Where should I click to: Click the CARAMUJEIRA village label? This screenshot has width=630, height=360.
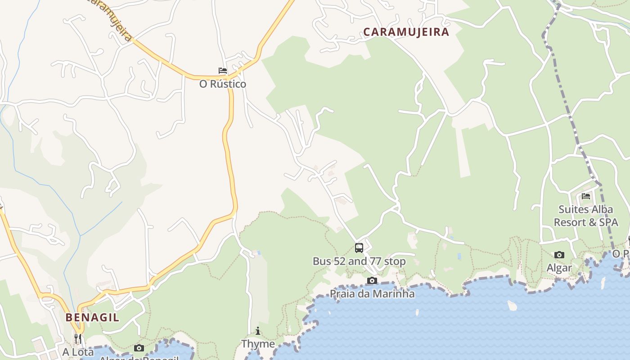(406, 32)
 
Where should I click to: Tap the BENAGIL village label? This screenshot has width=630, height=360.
(92, 317)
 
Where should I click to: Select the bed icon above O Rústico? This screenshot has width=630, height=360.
(223, 71)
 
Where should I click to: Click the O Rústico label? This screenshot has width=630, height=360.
(223, 84)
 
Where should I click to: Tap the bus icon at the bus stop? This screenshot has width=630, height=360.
(359, 247)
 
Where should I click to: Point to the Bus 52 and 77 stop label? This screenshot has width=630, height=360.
(359, 261)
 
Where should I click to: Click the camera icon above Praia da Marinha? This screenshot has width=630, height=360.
(372, 281)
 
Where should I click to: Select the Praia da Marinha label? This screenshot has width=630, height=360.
(372, 294)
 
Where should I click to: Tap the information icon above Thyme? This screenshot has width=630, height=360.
(258, 331)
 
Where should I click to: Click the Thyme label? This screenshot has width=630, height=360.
(258, 344)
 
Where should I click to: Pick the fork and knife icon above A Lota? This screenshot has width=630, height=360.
(78, 338)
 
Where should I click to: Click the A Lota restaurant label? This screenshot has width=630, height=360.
(78, 352)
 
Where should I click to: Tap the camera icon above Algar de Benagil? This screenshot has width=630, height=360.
(139, 348)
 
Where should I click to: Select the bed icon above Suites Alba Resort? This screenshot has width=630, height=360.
(586, 196)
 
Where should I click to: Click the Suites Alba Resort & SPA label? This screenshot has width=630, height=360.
(585, 216)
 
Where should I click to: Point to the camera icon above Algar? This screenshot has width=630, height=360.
(559, 255)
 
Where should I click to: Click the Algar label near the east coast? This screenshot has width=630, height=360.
(559, 268)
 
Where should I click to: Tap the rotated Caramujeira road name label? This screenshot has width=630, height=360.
(110, 20)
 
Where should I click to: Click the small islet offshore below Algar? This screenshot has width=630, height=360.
(512, 306)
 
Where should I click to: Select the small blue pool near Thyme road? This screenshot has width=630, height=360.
(258, 253)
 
